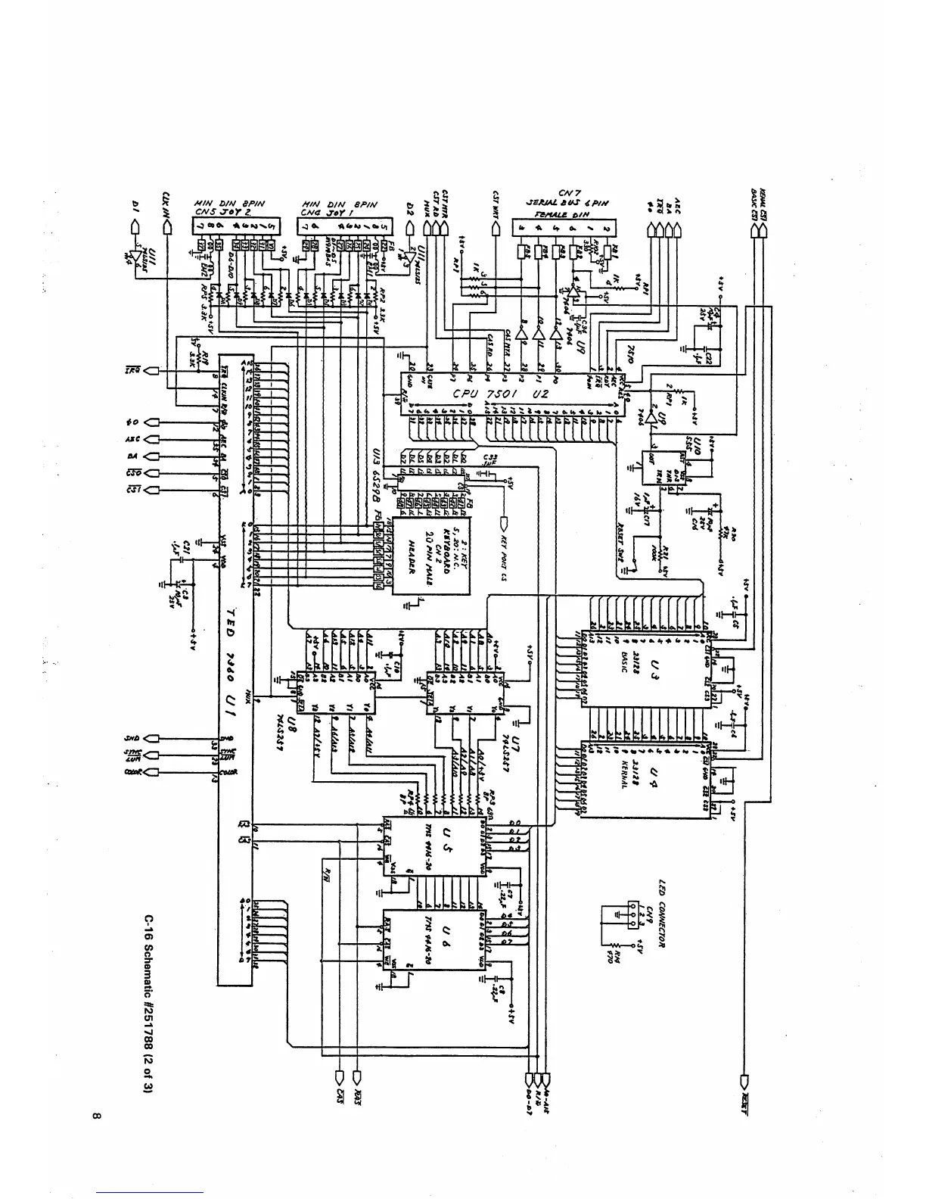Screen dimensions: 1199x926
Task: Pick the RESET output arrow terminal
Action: point(744,1095)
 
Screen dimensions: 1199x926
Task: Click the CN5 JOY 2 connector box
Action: point(235,226)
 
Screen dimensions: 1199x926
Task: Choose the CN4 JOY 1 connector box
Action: point(344,226)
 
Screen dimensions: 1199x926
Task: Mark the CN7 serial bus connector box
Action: point(564,226)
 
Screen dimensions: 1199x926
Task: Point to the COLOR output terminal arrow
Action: point(150,772)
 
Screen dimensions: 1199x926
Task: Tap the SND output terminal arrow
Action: point(150,739)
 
